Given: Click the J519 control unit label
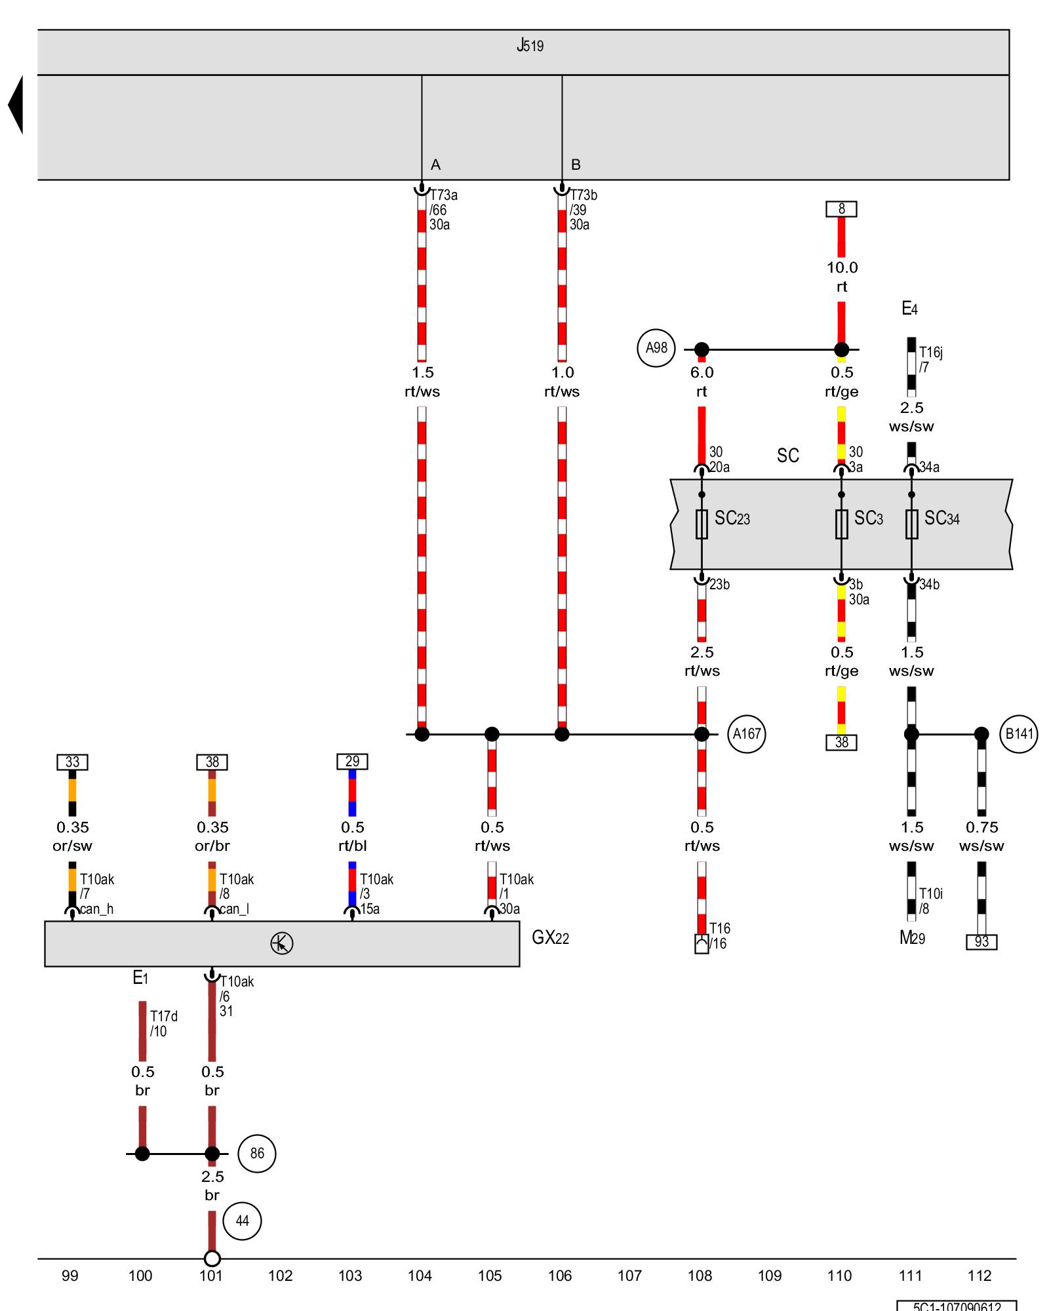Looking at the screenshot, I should [x=530, y=45].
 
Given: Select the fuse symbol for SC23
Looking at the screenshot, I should [x=702, y=524].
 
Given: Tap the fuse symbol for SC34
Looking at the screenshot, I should [x=911, y=524].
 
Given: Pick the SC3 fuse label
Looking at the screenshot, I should [x=869, y=519].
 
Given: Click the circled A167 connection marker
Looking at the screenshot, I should [x=747, y=734].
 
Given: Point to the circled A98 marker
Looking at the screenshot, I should [x=656, y=348].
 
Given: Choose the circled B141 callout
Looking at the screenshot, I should [x=1019, y=734].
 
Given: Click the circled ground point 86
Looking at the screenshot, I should [x=257, y=1153].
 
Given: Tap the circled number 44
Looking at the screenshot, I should [x=243, y=1221].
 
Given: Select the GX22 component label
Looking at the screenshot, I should [x=550, y=937].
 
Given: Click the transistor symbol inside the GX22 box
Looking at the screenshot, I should [x=282, y=943].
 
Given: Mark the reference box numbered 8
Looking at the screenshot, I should [x=841, y=209].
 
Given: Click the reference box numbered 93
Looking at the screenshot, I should [x=981, y=942].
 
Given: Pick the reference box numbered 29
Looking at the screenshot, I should [x=352, y=761].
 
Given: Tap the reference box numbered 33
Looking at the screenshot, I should [x=72, y=762].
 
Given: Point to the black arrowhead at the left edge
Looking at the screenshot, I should [x=16, y=105].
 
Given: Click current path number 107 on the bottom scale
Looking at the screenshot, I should [x=629, y=1276].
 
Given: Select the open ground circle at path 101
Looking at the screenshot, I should [x=212, y=1259].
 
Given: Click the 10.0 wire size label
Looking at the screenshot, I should [x=842, y=267].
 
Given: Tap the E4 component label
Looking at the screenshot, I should [x=909, y=309].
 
